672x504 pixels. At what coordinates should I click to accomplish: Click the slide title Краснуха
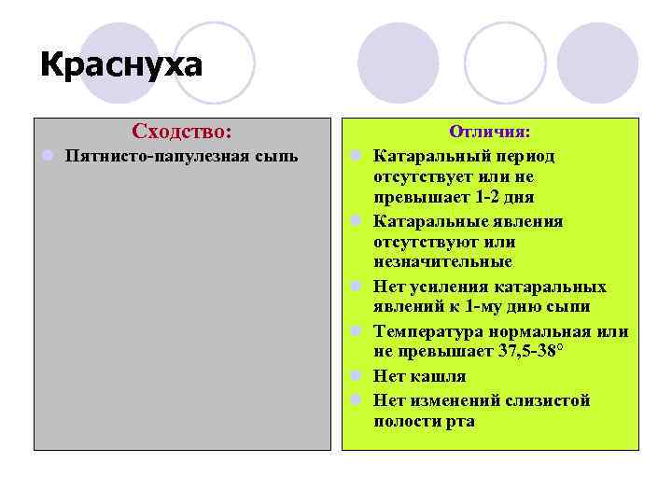click(x=121, y=68)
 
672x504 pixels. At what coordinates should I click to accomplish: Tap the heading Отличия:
click(x=490, y=133)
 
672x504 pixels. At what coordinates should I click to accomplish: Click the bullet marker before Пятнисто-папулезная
click(x=45, y=155)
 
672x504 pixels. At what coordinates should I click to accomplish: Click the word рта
click(x=460, y=421)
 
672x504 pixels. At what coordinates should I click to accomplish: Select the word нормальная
click(x=548, y=331)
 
